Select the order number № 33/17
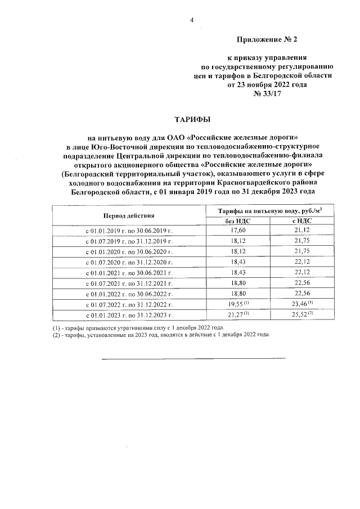pos(266,93)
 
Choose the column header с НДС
pos(302,221)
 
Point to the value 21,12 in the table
pos(302,230)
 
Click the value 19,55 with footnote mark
pos(240,304)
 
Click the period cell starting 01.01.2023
pos(128,315)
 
